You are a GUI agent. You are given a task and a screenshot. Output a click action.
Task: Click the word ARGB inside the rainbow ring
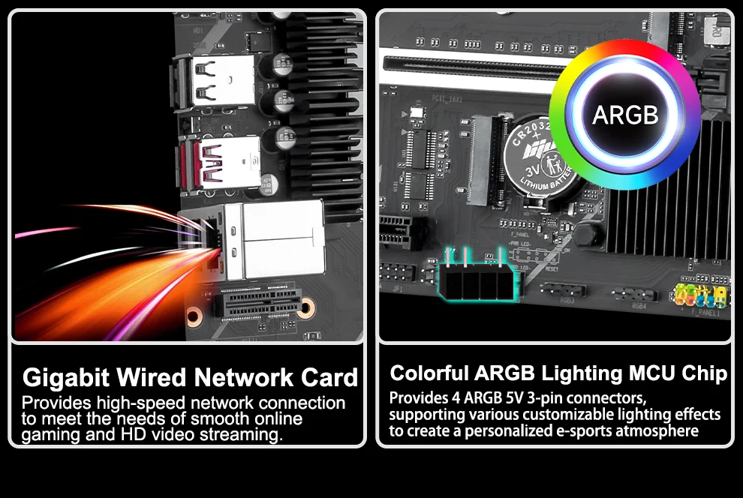[x=624, y=115]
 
